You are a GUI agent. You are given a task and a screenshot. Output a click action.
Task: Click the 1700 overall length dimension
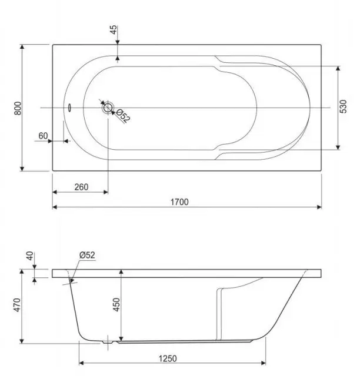(x=179, y=202)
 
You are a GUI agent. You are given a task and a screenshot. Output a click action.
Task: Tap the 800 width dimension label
(x=18, y=108)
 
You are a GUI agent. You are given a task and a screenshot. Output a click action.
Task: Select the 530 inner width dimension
(x=344, y=106)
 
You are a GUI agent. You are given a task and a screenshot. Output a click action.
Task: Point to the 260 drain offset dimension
(x=81, y=187)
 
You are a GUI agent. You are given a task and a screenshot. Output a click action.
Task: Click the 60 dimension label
(x=43, y=136)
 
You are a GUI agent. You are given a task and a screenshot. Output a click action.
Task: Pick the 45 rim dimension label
(x=114, y=29)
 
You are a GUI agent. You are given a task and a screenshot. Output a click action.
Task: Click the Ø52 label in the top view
(x=124, y=116)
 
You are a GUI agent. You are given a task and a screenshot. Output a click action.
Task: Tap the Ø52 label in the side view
(x=87, y=255)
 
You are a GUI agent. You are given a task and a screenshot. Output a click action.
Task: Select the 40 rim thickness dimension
(x=30, y=256)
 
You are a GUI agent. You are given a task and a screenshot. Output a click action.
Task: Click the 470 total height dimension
(x=17, y=305)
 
